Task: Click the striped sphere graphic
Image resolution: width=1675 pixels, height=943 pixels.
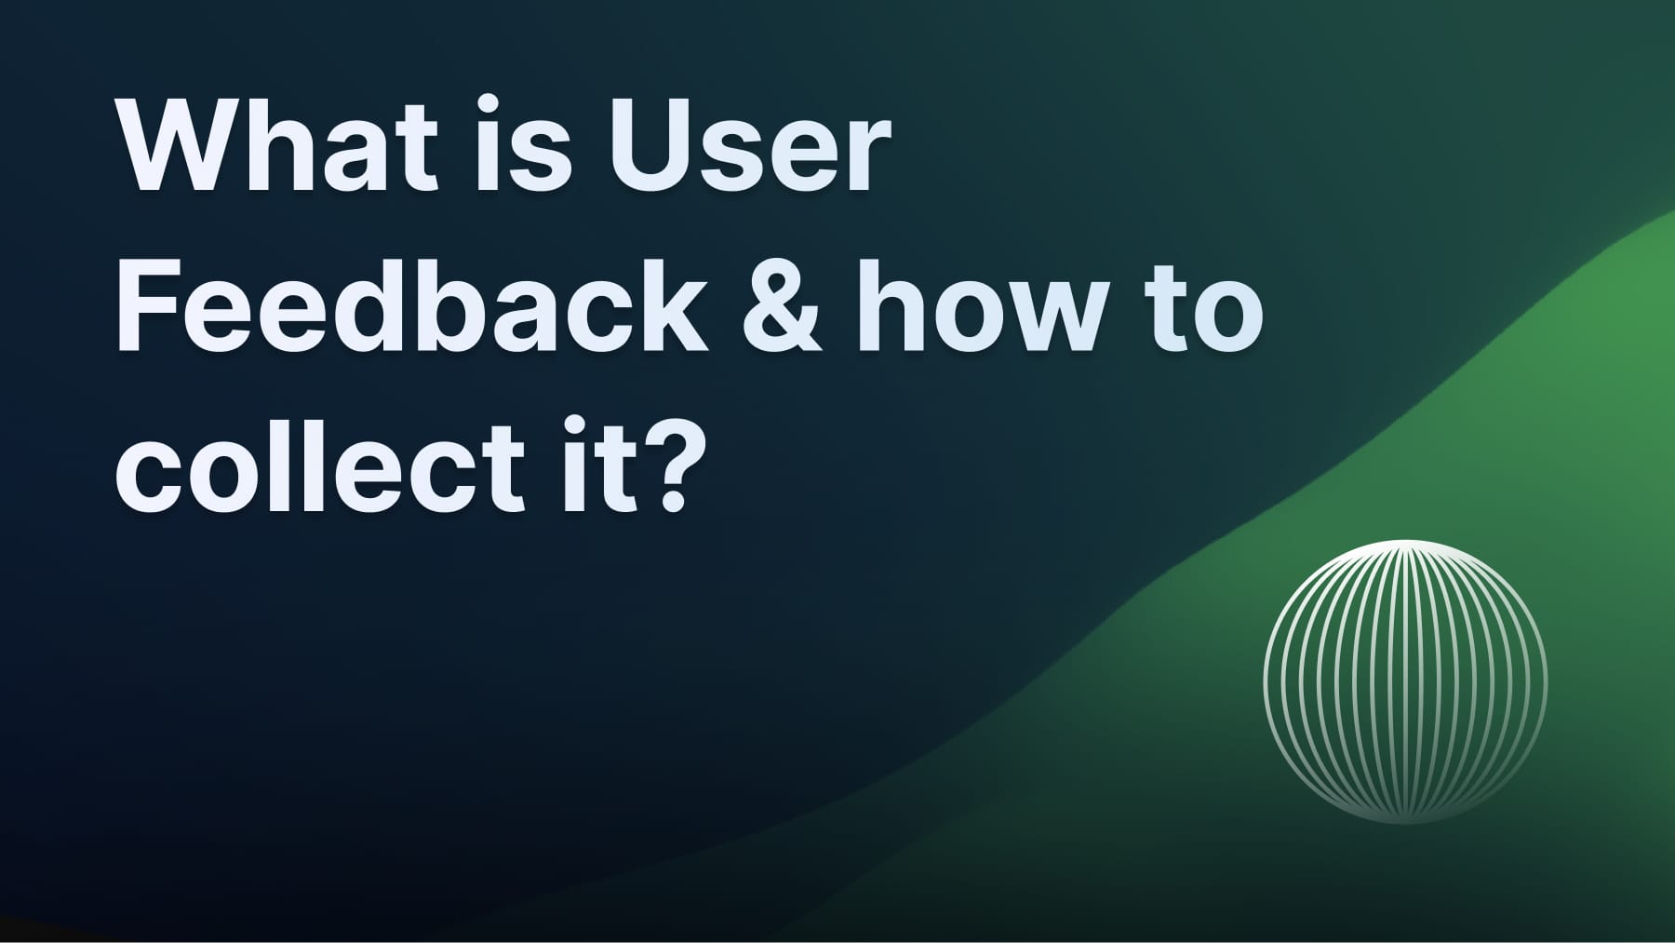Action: (x=1405, y=682)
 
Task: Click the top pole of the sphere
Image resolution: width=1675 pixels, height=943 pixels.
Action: (x=1405, y=543)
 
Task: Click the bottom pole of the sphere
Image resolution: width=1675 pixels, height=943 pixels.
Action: (x=1405, y=822)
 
